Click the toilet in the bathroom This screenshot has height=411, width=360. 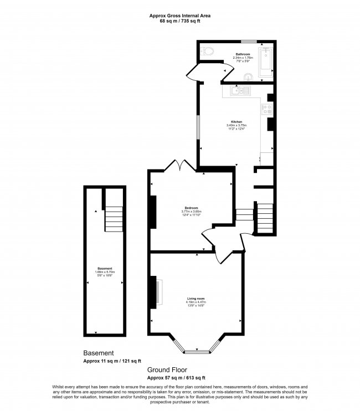pyautogui.click(x=208, y=52)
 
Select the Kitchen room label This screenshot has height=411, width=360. pyautogui.click(x=236, y=121)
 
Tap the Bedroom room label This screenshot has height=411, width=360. pyautogui.click(x=191, y=208)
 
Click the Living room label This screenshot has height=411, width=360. pyautogui.click(x=196, y=299)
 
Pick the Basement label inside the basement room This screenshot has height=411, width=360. pyautogui.click(x=105, y=269)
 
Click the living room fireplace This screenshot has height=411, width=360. pyautogui.click(x=158, y=292)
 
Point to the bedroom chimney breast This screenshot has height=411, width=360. pyautogui.click(x=152, y=213)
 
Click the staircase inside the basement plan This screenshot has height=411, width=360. pyautogui.click(x=113, y=219)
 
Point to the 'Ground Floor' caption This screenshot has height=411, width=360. pyautogui.click(x=167, y=369)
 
